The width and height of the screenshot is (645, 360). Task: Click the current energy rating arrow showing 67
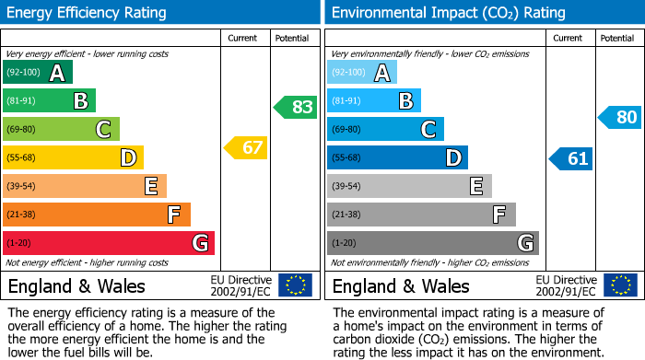tap(246, 147)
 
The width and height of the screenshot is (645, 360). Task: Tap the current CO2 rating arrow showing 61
tap(570, 158)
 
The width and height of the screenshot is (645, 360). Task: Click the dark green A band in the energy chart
tap(38, 73)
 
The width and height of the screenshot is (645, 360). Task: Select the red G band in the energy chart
tap(109, 243)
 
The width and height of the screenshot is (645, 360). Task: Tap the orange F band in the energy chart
tap(97, 215)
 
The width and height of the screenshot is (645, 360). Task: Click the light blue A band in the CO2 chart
tap(362, 73)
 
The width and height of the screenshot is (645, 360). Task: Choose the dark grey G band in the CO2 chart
tap(433, 243)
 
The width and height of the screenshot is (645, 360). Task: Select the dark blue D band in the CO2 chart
tap(397, 158)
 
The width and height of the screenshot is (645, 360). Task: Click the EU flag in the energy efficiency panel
tap(295, 285)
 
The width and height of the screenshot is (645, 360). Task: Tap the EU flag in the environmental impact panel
tap(619, 285)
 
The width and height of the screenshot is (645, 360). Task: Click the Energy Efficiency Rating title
tap(88, 13)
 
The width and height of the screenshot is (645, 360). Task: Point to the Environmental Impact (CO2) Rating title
tap(448, 13)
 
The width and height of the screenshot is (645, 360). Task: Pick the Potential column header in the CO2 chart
tap(617, 38)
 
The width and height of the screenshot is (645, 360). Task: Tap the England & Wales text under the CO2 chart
tap(401, 286)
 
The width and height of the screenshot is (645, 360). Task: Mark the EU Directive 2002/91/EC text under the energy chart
tap(240, 285)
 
